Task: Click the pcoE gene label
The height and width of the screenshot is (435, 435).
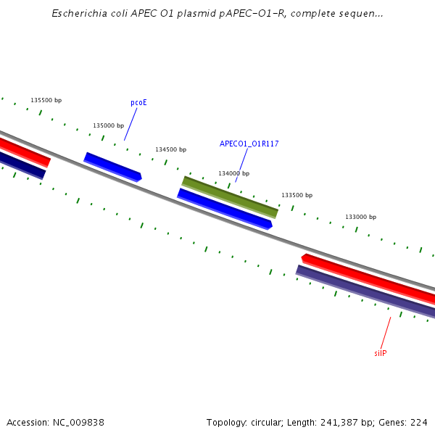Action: click(x=138, y=103)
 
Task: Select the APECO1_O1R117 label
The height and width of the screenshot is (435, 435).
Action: click(x=249, y=144)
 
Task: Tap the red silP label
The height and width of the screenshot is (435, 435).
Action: click(x=380, y=353)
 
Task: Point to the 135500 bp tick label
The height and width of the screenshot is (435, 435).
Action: click(x=46, y=100)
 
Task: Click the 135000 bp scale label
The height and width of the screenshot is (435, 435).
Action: click(x=108, y=125)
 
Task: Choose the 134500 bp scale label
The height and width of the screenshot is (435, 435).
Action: click(x=170, y=149)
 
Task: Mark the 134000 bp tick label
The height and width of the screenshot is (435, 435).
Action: click(x=233, y=173)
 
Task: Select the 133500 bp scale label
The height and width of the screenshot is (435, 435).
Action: click(x=297, y=195)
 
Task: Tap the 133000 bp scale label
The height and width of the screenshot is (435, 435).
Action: click(x=360, y=217)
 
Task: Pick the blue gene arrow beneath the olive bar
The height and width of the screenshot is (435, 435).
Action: click(x=225, y=209)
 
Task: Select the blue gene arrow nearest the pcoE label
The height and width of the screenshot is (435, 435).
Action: click(x=112, y=167)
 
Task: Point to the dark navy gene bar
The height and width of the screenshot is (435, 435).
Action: click(x=22, y=165)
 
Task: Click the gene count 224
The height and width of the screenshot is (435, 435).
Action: click(x=419, y=422)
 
